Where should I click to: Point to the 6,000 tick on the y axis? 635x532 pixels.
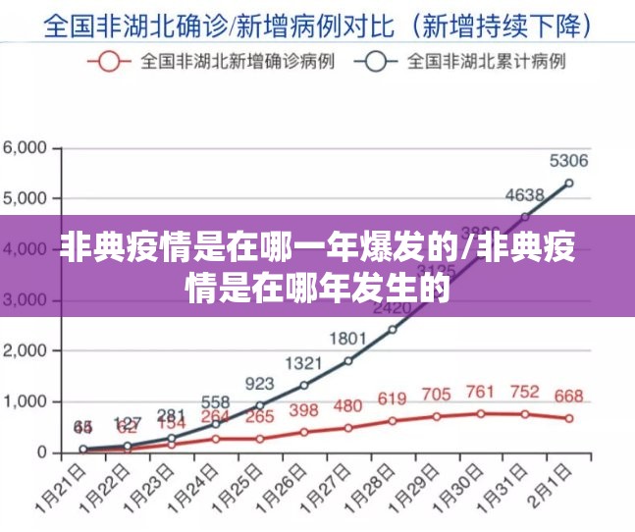(26, 147)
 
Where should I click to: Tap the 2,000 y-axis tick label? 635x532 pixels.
(26, 350)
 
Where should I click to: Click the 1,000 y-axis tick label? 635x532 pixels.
(26, 401)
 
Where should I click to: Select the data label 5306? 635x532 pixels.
(568, 162)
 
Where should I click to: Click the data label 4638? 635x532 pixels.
(524, 195)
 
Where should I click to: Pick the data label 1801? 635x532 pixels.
(347, 339)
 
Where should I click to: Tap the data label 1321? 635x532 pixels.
(303, 363)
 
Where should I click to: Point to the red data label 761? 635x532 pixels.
(480, 392)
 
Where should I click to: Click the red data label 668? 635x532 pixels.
(568, 397)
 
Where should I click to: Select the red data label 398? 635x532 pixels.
(303, 410)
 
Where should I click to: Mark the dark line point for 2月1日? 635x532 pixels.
(569, 183)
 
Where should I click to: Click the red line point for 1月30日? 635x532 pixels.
(481, 413)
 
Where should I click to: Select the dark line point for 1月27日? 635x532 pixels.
(348, 360)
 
